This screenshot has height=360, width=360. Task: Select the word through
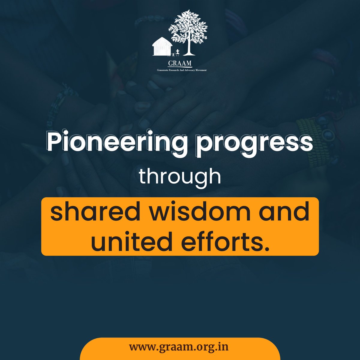(180, 177)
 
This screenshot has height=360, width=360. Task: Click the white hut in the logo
(162, 47)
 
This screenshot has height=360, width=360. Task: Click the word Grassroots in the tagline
(164, 70)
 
